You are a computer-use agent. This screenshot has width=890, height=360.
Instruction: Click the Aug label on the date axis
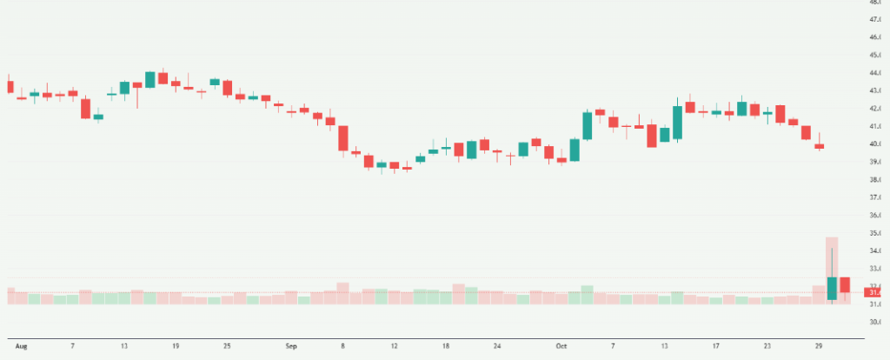click(21, 346)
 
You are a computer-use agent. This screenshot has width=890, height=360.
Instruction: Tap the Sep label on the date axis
click(292, 346)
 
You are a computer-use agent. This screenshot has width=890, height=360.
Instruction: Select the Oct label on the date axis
click(560, 346)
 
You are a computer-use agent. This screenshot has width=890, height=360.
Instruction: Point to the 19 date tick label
click(176, 346)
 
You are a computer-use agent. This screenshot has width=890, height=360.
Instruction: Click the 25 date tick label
click(227, 346)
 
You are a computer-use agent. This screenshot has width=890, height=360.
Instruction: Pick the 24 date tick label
click(496, 346)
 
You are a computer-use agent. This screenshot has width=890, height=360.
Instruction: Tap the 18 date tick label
click(445, 346)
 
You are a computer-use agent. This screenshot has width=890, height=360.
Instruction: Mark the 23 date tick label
click(767, 346)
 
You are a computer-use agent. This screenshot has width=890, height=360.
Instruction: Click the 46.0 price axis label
click(875, 37)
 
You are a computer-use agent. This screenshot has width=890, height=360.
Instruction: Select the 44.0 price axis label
click(875, 73)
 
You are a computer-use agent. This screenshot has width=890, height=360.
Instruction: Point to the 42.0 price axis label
click(875, 109)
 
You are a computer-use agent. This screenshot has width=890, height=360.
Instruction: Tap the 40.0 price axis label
click(875, 144)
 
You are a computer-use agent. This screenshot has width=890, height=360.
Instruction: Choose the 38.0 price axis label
click(875, 180)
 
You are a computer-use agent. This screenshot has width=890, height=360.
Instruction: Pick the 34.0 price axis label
click(875, 250)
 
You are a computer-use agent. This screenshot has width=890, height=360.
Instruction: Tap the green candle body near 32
click(832, 288)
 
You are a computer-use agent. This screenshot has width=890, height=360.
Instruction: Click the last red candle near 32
click(844, 284)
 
